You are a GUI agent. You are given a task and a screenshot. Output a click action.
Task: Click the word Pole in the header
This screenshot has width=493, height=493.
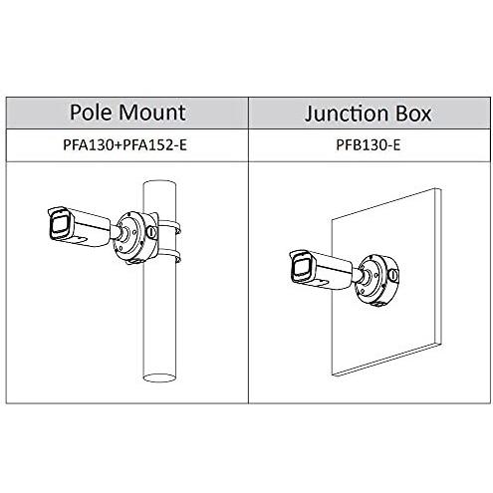91,113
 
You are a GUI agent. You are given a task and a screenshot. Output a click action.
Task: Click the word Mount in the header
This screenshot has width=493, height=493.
151,113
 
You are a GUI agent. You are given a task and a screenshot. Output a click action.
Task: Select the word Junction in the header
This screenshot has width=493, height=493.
346,114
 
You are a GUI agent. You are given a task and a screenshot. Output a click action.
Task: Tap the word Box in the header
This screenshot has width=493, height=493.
413,114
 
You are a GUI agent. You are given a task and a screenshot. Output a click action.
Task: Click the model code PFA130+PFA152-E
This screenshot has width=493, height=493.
124,145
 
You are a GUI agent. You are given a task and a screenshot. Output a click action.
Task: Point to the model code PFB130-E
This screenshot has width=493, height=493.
369,145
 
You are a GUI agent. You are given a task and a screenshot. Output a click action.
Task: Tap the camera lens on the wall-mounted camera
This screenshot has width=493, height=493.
301,269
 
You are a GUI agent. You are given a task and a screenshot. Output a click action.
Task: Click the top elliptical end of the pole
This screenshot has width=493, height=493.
159,185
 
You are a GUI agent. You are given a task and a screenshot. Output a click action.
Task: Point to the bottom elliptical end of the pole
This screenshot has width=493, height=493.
159,377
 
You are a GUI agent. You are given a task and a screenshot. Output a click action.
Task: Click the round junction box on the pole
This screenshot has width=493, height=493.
134,237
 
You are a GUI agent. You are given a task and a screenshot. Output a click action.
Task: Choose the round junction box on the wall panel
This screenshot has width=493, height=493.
376,280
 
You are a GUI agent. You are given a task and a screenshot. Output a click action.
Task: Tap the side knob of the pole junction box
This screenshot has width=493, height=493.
151,232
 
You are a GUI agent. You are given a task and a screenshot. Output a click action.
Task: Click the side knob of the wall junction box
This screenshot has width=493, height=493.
394,275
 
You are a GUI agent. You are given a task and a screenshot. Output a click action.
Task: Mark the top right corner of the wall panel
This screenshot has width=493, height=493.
441,189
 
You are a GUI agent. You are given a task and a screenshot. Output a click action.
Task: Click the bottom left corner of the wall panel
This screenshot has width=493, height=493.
333,374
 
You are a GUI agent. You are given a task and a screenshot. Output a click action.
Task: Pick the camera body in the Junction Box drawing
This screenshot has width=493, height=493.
322,271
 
